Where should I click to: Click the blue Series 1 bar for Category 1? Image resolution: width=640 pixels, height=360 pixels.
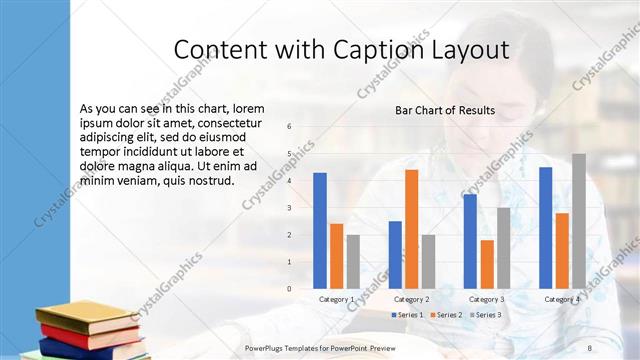pos(320,231)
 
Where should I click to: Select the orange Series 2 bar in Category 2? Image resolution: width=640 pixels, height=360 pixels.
pos(411,229)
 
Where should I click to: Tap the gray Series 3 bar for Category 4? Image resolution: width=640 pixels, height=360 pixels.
pos(579,221)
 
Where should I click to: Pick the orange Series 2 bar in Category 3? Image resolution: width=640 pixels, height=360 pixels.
pos(487,264)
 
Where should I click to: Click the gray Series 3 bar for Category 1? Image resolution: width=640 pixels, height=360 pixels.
pos(354,262)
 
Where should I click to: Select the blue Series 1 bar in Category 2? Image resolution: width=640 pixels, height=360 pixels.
pos(395,255)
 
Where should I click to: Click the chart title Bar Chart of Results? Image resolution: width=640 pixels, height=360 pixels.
pos(445,110)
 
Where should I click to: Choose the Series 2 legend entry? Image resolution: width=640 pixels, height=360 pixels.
pos(445,315)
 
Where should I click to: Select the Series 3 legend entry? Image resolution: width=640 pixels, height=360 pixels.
pos(485,315)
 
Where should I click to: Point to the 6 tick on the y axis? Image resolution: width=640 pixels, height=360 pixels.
pos(289,127)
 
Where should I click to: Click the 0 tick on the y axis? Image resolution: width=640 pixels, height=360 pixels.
pos(289,289)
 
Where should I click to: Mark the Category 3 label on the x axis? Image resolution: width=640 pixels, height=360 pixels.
pos(487,299)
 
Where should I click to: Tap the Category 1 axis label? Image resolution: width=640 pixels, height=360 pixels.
pos(337,299)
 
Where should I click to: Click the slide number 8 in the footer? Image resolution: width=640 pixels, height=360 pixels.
pos(589,347)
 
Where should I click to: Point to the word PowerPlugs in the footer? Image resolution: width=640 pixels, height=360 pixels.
pos(267,347)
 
